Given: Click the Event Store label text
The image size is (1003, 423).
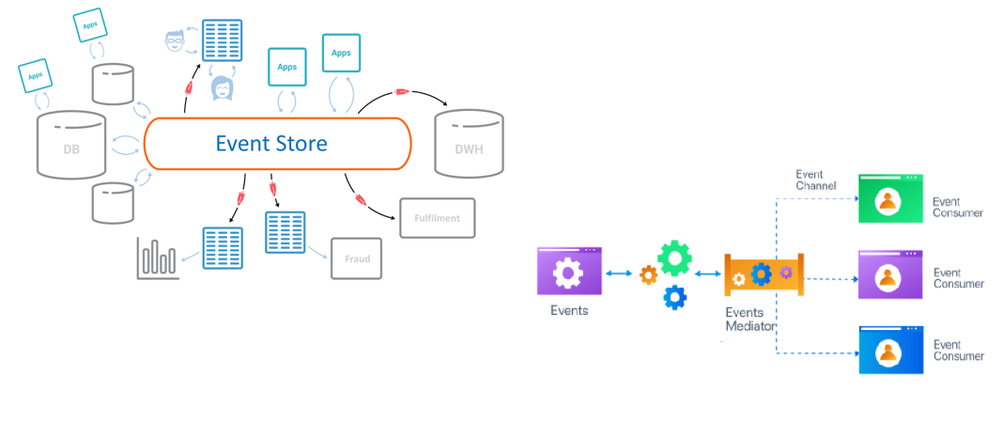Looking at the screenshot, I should coord(271,144).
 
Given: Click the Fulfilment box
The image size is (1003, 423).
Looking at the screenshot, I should coord(437,218).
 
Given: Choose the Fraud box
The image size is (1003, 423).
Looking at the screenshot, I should coord(357,258).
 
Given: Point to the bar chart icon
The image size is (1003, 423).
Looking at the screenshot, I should coord(157,258).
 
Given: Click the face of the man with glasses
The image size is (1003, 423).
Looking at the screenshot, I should coord(174,40).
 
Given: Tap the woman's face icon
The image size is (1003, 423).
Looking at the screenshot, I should coord(224,88).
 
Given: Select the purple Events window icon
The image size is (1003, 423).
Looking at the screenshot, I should coord(569,272).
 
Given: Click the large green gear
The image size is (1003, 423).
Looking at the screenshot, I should coord(674,258).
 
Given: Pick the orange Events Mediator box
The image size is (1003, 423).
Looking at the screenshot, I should coord(763,274).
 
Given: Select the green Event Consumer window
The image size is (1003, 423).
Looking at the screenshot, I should coord(890,198).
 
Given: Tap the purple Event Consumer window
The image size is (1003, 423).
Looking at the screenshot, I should coord(890,274).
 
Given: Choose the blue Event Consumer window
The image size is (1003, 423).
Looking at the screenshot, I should coord(890,350).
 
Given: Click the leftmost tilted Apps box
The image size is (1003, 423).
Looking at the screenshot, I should coord(36,74).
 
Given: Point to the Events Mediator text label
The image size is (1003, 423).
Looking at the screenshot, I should coord(750,319).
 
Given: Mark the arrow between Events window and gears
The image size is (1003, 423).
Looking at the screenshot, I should coord(617,274).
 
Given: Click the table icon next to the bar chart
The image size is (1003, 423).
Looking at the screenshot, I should coord(223,249).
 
